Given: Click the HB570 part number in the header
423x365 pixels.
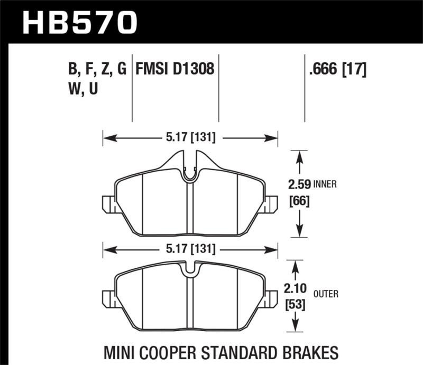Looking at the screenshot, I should [x=80, y=22].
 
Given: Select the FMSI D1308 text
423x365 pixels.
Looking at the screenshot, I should [x=175, y=69].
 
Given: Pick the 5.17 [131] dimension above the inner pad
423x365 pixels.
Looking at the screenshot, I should [x=190, y=138].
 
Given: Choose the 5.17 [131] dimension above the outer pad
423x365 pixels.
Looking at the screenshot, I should [x=190, y=248].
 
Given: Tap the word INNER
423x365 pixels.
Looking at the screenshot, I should [x=325, y=185].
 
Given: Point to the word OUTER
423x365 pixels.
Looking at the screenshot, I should [x=326, y=294].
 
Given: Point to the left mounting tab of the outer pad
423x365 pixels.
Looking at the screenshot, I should [x=108, y=300].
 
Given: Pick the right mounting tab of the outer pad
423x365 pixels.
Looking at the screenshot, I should [x=272, y=300].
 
